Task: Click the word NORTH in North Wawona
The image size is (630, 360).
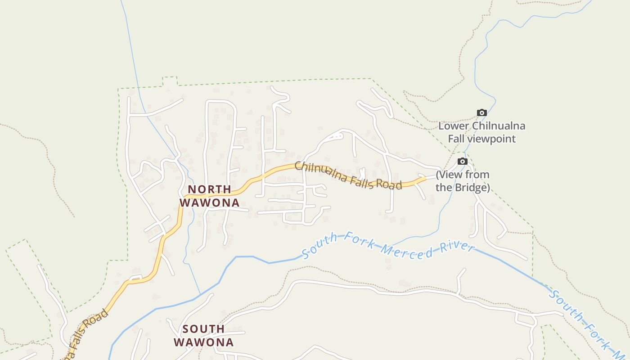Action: tap(209, 189)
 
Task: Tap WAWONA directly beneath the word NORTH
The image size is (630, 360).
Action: tap(209, 203)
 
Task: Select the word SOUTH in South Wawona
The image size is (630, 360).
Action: tap(203, 329)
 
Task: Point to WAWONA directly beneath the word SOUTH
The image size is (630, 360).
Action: tap(203, 342)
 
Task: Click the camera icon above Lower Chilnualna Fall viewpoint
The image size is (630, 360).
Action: tap(482, 113)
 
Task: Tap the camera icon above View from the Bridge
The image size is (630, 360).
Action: tap(463, 162)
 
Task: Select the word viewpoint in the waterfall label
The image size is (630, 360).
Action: tap(492, 139)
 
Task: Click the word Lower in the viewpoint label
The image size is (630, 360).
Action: tap(453, 126)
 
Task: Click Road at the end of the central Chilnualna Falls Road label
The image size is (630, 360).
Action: tap(390, 184)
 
